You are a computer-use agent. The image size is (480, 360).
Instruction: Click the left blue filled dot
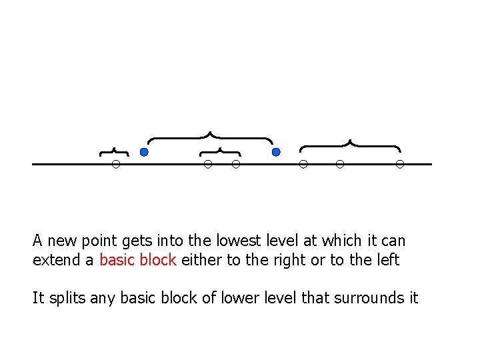pyautogui.click(x=144, y=153)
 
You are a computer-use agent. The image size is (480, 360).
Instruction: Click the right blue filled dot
pyautogui.click(x=276, y=153)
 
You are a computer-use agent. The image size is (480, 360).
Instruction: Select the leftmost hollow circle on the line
pyautogui.click(x=115, y=164)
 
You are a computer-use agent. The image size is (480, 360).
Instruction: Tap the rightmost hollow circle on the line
pyautogui.click(x=400, y=164)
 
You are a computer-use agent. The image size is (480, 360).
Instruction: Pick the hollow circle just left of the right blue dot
pyautogui.click(x=235, y=164)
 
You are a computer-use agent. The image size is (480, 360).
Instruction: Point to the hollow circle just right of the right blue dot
pyautogui.click(x=303, y=164)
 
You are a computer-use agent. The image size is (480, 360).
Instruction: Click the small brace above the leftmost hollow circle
pyautogui.click(x=114, y=151)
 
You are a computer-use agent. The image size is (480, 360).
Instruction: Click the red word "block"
pyautogui.click(x=157, y=260)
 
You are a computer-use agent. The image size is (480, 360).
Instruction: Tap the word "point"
pyautogui.click(x=97, y=241)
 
